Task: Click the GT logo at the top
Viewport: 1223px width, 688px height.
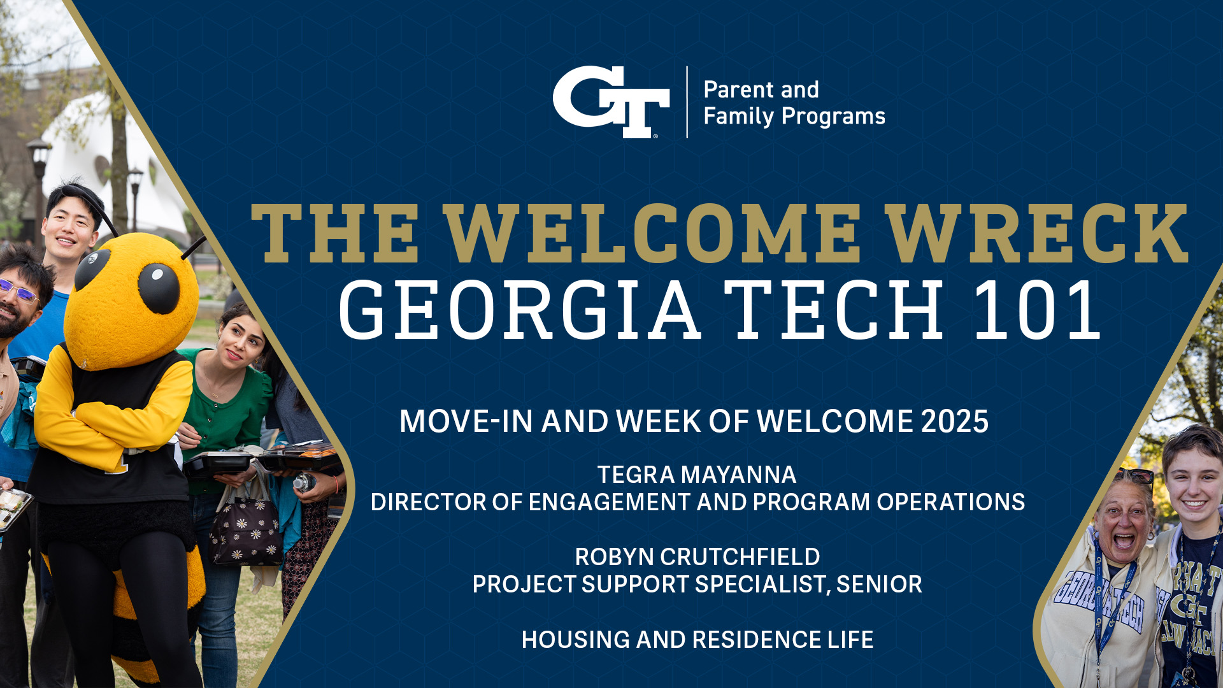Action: [x=610, y=102]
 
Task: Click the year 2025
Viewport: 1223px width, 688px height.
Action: [x=954, y=422]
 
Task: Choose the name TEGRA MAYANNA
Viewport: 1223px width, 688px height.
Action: [x=697, y=475]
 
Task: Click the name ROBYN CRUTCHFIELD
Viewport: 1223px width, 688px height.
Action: [x=697, y=557]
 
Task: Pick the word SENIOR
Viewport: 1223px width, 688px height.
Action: [x=879, y=584]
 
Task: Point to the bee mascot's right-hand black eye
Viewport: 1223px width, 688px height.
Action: [x=159, y=288]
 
